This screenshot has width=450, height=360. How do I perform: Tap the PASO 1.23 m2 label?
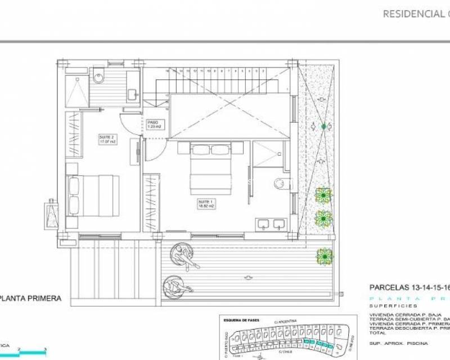click(154, 124)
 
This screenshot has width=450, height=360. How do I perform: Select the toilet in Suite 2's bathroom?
click(99, 74)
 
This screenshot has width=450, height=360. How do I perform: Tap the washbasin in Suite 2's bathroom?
click(132, 94)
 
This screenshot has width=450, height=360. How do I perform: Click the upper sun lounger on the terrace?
click(185, 256)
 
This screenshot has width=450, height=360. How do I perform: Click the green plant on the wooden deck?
click(324, 256)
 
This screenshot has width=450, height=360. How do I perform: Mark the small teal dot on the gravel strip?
click(323, 127)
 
